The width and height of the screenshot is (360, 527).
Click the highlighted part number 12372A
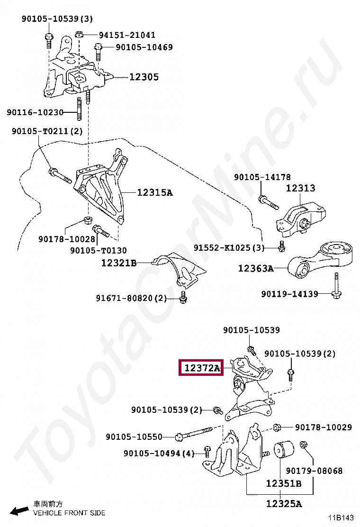pyautogui.click(x=202, y=368)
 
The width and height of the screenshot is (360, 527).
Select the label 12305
pyautogui.click(x=144, y=77)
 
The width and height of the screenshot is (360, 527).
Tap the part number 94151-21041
pyautogui.click(x=127, y=35)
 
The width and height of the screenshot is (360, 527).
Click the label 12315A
pyautogui.click(x=155, y=192)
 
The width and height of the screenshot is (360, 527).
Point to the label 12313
pyautogui.click(x=300, y=188)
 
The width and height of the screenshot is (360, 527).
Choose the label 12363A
pyautogui.click(x=256, y=268)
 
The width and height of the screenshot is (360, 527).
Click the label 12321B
pyautogui.click(x=118, y=262)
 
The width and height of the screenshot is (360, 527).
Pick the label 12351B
pyautogui.click(x=283, y=483)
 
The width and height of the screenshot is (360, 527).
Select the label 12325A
pyautogui.click(x=283, y=504)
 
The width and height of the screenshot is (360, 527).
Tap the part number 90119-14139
pyautogui.click(x=289, y=294)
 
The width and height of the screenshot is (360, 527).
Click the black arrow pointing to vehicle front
pyautogui.click(x=19, y=510)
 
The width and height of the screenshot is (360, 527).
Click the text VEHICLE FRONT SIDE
pyautogui.click(x=69, y=513)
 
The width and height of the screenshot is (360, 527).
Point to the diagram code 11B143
pyautogui.click(x=342, y=518)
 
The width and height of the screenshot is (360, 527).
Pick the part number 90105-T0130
pyautogui.click(x=98, y=250)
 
